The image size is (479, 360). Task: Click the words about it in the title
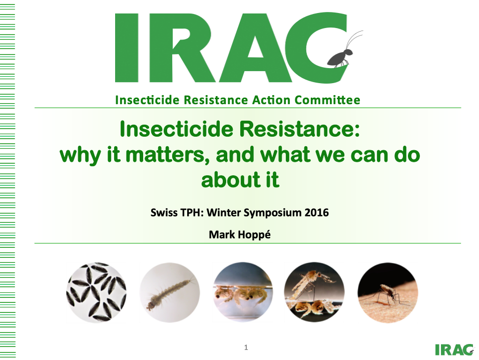pyautogui.click(x=240, y=180)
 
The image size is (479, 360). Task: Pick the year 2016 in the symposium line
pyautogui.click(x=316, y=213)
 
